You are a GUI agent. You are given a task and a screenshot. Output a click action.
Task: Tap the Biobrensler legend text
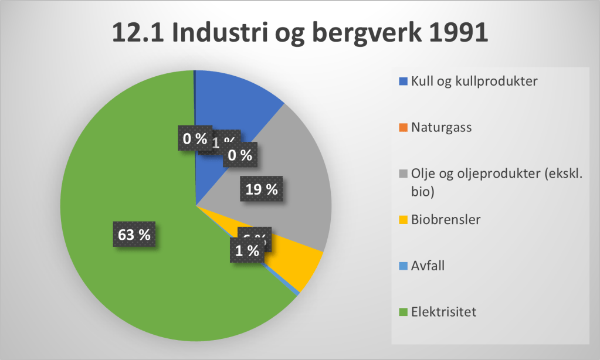pyautogui.click(x=446, y=219)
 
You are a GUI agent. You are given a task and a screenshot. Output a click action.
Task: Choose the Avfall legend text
pyautogui.click(x=428, y=265)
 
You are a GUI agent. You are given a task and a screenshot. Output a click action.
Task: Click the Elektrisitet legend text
pyautogui.click(x=444, y=311)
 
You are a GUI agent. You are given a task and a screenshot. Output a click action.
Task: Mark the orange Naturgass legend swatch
pyautogui.click(x=402, y=127)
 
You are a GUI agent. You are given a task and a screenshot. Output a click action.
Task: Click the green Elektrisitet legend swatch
pyautogui.click(x=402, y=312)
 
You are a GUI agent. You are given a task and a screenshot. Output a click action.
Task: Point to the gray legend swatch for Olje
pyautogui.click(x=402, y=174)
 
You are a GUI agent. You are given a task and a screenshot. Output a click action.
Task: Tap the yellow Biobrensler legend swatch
pyautogui.click(x=402, y=220)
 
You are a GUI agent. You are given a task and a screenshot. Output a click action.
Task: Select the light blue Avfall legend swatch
pyautogui.click(x=402, y=266)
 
